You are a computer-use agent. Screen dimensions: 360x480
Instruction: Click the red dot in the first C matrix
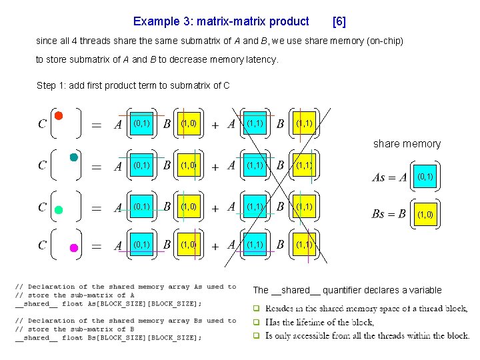pos(59,115)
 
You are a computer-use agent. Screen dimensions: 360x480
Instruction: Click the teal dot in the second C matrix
pos(73,157)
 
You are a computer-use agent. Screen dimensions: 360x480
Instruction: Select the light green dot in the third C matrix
pos(59,210)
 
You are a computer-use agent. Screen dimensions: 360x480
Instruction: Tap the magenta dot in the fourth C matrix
pos(74,247)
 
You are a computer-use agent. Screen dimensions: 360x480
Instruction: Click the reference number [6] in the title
pos(339,21)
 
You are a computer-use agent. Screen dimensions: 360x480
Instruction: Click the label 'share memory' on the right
pos(407,143)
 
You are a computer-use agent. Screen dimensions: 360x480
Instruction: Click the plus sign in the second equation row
pos(215,167)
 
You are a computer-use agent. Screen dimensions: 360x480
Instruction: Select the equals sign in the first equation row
pos(97,125)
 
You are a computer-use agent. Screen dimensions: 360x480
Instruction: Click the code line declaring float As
pos(108,304)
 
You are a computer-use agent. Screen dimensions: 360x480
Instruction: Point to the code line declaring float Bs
pos(108,338)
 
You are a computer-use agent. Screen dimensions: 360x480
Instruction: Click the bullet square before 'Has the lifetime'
pos(255,323)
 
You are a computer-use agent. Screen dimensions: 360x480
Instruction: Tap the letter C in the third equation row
pos(42,207)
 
